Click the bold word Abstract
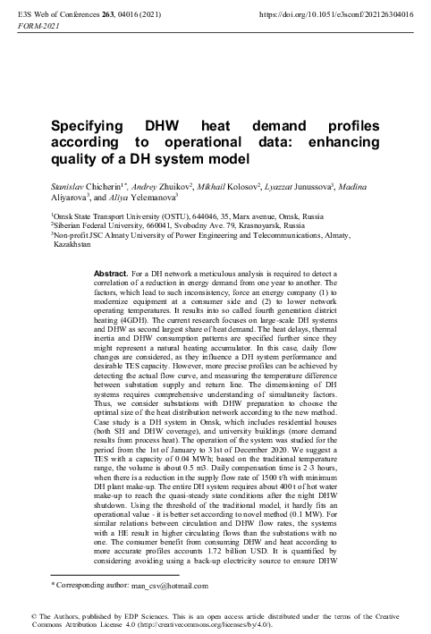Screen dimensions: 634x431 112,270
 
